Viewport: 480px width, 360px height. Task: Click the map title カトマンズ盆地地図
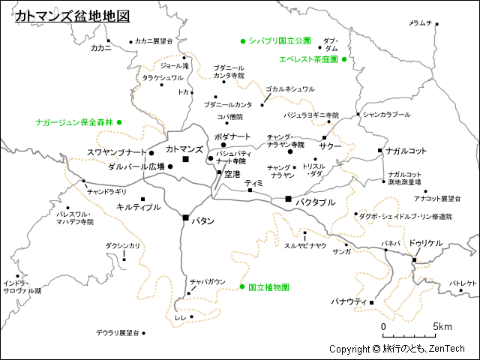pos(72,16)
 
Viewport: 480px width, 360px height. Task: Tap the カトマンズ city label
pos(184,150)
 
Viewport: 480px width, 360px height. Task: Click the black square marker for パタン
pos(186,217)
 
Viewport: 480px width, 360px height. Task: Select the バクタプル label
pos(315,202)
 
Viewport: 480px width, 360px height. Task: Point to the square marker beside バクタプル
pos(288,199)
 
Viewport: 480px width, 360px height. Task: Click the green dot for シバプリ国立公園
pos(243,40)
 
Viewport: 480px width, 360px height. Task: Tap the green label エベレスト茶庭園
pos(307,59)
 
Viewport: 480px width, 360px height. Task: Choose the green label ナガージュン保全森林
pos(73,121)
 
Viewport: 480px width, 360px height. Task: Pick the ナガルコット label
pos(406,151)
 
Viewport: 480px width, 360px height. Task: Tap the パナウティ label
pos(349,301)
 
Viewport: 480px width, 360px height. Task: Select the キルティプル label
pos(139,206)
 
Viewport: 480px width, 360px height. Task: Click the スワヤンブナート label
pos(117,153)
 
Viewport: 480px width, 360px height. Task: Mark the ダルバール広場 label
pos(136,166)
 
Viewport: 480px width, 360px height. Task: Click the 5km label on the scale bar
pos(442,327)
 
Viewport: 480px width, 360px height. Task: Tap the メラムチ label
pos(420,23)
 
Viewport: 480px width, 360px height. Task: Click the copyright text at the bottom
pos(397,349)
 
